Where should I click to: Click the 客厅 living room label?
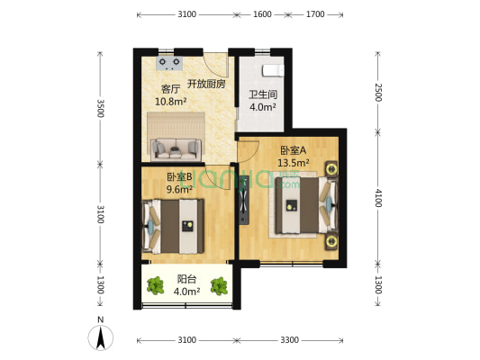click(169, 89)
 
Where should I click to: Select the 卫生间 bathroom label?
click(261, 94)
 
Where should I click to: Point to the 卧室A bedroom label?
click(293, 150)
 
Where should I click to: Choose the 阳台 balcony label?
click(187, 279)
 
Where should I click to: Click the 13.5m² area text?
click(294, 163)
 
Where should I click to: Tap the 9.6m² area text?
click(180, 190)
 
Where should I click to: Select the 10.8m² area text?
click(171, 102)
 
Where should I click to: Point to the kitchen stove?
click(169, 63)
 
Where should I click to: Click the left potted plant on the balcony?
click(157, 286)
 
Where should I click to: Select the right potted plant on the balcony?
click(218, 286)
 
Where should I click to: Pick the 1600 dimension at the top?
click(261, 15)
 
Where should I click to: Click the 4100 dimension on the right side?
click(378, 197)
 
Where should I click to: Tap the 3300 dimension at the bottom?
click(290, 340)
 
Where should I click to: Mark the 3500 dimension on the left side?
click(100, 108)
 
